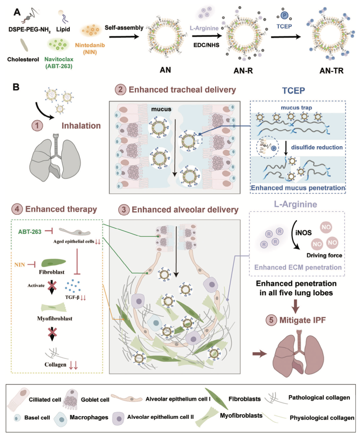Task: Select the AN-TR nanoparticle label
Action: [331, 70]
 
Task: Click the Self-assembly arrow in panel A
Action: [124, 36]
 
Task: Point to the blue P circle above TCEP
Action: [284, 15]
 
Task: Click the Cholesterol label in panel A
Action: [23, 59]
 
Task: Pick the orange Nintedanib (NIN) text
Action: [90, 48]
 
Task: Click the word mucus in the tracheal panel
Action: [161, 109]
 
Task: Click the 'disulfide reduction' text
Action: [316, 147]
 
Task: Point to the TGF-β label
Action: [72, 297]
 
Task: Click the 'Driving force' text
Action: [324, 255]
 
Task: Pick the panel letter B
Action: [16, 87]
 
